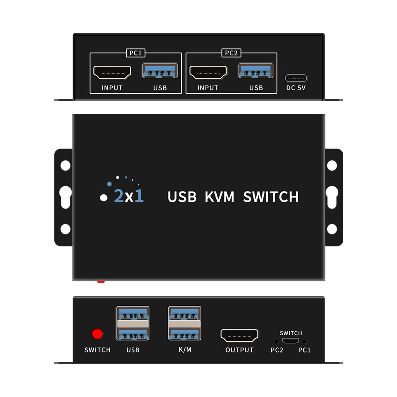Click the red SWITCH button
pos(98,333)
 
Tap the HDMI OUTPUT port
pos(240,335)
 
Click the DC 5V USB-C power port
pos(296,78)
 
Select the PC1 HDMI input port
pos(112,73)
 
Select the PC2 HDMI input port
pos(207,73)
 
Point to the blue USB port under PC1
pos(160,72)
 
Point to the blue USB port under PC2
pos(256,72)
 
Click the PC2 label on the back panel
pos(231,53)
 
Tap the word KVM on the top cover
pos(219,197)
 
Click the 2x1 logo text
pos(129,197)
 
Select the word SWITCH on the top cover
pos(271,197)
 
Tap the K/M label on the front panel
pos(185,350)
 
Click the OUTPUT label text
pos(239,350)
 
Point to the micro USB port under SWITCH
pos(291,341)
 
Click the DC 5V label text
pos(296,88)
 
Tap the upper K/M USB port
pos(185,315)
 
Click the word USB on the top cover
pos(182,197)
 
